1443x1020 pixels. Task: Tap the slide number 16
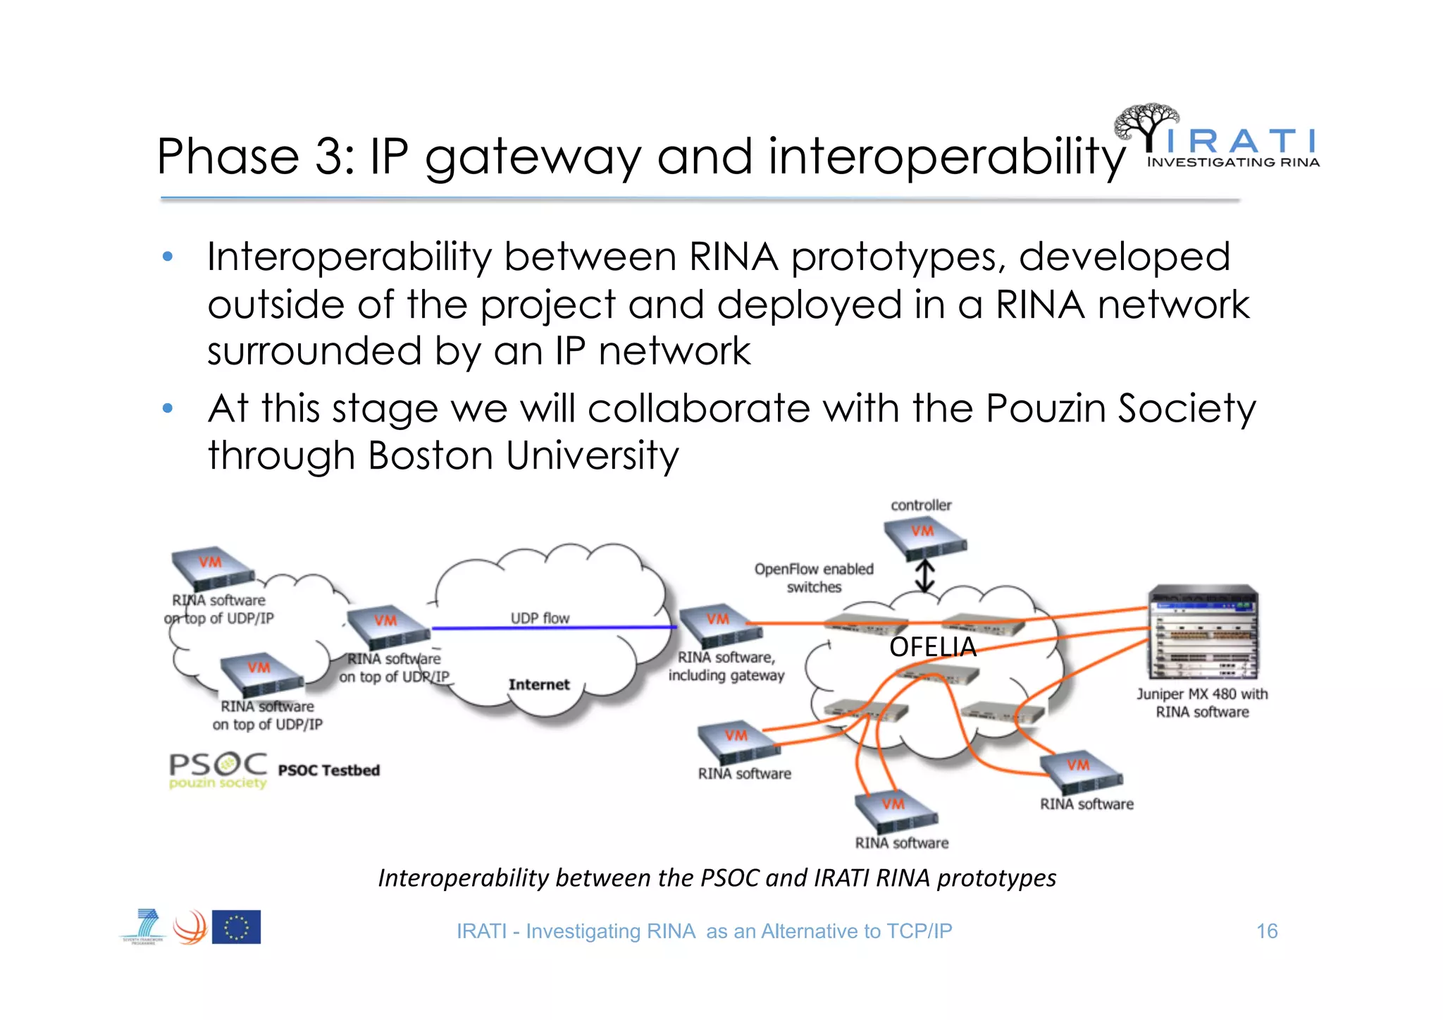pyautogui.click(x=1266, y=931)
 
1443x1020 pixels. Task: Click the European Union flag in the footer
pyautogui.click(x=236, y=927)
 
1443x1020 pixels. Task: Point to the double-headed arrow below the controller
pyautogui.click(x=924, y=575)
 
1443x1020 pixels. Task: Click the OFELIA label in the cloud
pyautogui.click(x=933, y=647)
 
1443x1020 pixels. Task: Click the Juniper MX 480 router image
pyautogui.click(x=1203, y=632)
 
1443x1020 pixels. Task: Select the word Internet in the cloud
pyautogui.click(x=539, y=684)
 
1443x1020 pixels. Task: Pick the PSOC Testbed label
pyautogui.click(x=329, y=770)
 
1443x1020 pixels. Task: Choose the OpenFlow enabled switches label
pyautogui.click(x=814, y=578)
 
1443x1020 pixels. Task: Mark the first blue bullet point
pyautogui.click(x=168, y=257)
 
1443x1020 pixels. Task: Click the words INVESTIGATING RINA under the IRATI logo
pyautogui.click(x=1233, y=163)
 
